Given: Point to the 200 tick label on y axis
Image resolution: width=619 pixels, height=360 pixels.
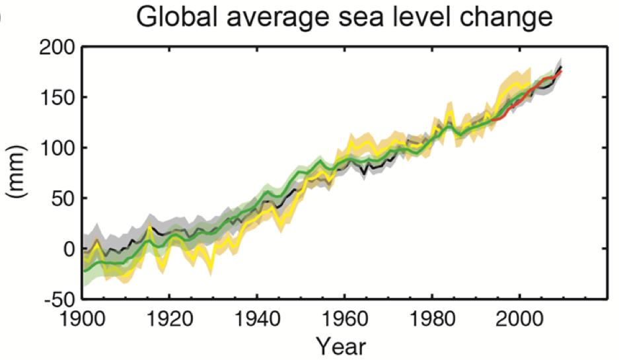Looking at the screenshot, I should pyautogui.click(x=58, y=47).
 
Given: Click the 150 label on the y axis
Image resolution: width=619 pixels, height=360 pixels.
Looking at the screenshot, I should pyautogui.click(x=58, y=98).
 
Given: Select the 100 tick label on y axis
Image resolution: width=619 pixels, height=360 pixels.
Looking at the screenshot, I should pyautogui.click(x=58, y=148).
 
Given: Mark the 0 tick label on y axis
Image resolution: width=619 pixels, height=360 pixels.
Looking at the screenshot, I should pyautogui.click(x=69, y=249).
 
